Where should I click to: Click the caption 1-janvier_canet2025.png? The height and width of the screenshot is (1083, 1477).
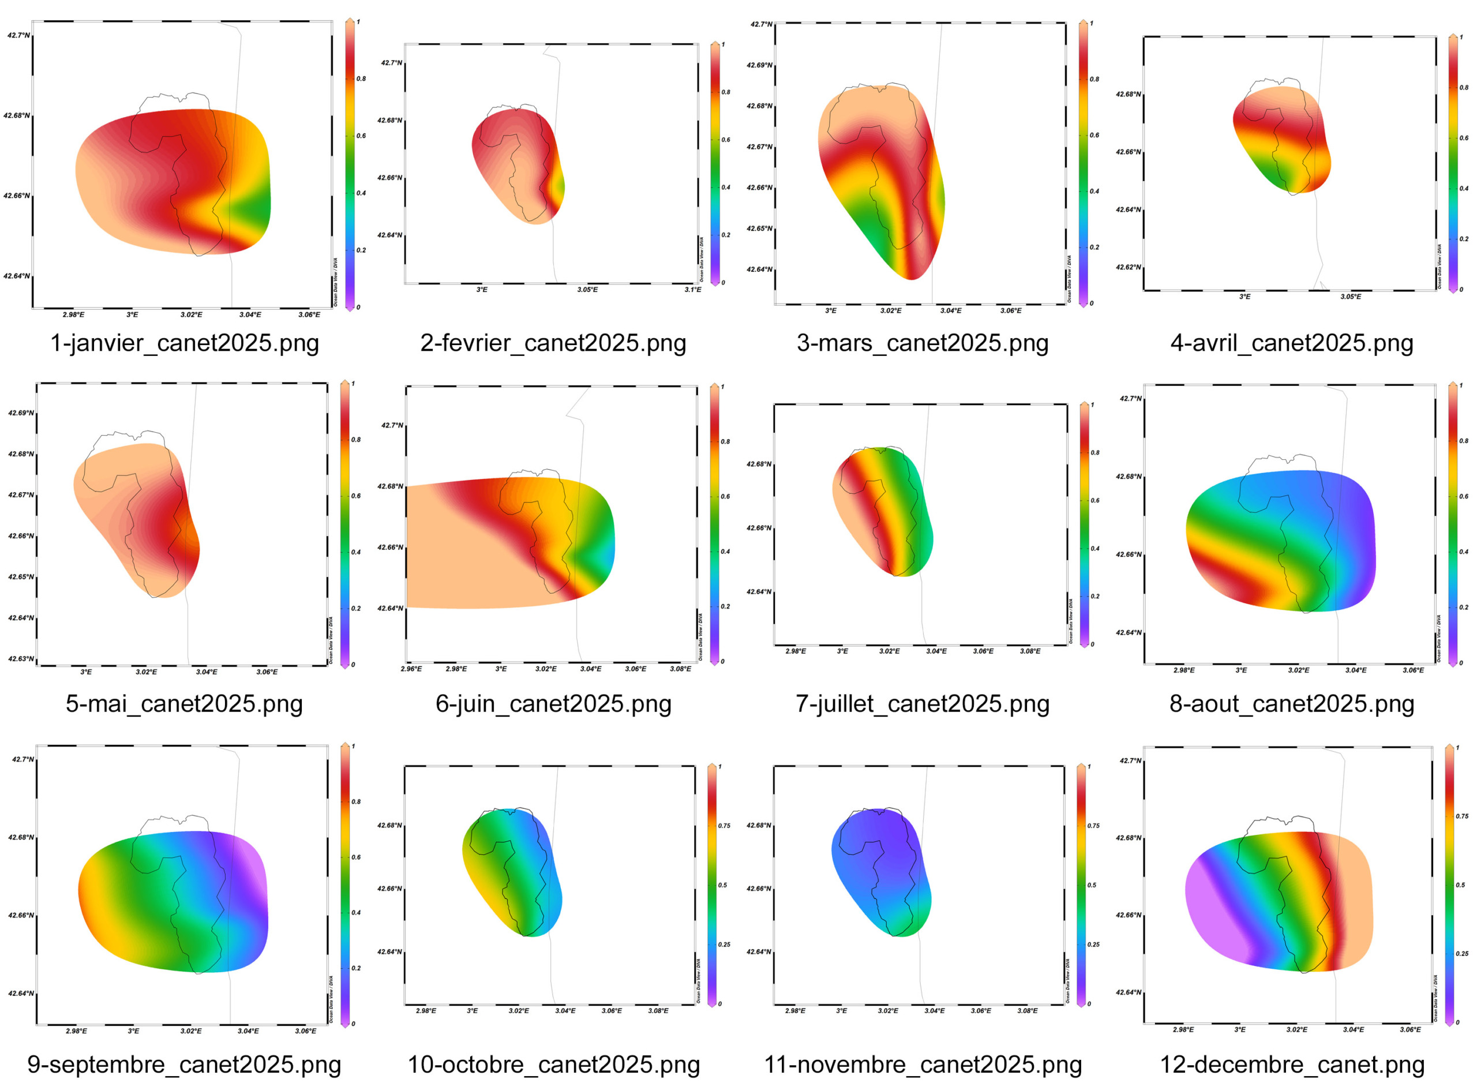click(184, 343)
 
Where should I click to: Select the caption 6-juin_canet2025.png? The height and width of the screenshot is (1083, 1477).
click(553, 703)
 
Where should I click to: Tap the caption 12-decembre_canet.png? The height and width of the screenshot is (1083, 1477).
click(1292, 1065)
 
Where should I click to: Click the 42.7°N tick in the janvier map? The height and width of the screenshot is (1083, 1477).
click(18, 35)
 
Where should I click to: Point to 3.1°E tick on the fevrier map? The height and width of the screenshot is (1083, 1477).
click(693, 290)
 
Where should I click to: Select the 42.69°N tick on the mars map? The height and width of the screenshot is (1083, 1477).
click(759, 66)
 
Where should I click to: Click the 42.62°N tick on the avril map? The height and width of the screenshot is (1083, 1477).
click(1129, 268)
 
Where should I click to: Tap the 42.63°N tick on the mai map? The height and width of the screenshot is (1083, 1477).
click(21, 659)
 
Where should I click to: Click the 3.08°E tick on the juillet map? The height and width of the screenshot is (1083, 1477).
click(1030, 651)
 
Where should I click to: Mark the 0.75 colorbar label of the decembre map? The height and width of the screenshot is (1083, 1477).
click(1462, 816)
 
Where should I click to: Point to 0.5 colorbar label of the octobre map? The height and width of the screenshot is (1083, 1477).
click(723, 885)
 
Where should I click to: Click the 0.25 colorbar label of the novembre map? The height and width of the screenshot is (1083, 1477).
click(1093, 945)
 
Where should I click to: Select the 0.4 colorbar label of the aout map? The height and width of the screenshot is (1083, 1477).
click(1463, 552)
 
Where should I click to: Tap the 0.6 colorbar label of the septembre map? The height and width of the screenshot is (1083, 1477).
click(356, 857)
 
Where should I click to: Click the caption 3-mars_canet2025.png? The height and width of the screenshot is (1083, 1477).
click(923, 343)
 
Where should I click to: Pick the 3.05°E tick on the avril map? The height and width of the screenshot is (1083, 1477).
click(1351, 297)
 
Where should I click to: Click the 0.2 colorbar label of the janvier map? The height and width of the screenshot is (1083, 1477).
click(361, 250)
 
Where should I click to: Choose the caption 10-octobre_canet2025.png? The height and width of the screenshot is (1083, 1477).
click(553, 1065)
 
